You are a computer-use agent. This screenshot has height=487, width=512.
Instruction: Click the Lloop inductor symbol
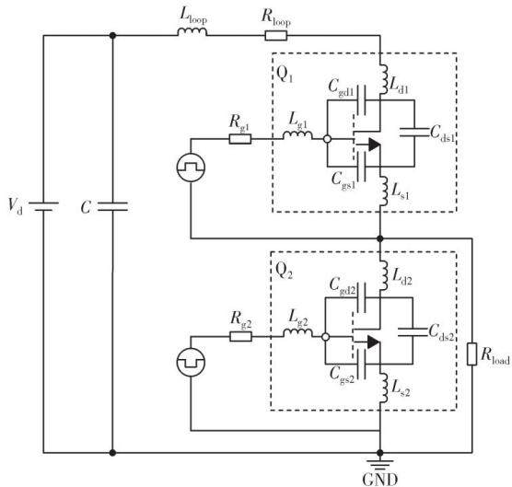click(192, 31)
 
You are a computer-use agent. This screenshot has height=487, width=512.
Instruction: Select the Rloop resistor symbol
click(276, 35)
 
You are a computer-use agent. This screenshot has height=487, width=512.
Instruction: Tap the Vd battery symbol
click(43, 206)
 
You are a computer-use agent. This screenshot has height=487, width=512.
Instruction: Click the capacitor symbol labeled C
click(112, 206)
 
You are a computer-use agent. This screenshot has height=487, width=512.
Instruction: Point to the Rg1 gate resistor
click(240, 139)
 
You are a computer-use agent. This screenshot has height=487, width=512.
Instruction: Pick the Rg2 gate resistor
click(240, 337)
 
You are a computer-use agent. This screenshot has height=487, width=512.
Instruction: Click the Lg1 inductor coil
click(297, 135)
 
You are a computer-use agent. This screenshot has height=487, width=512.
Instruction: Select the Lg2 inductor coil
click(297, 333)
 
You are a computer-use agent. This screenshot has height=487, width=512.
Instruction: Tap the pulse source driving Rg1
click(191, 168)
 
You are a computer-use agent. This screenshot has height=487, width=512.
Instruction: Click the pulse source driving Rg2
click(191, 362)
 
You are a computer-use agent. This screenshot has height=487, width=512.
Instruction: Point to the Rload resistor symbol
click(471, 354)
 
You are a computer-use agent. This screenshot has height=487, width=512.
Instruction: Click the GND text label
click(380, 480)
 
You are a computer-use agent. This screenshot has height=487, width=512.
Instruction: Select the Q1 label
click(285, 74)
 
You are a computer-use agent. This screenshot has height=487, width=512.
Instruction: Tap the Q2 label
click(284, 271)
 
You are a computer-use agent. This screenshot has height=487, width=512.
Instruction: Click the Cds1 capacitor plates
click(414, 133)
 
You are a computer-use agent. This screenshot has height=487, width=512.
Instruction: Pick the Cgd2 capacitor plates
click(362, 297)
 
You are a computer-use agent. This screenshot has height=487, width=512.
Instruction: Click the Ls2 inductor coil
click(384, 388)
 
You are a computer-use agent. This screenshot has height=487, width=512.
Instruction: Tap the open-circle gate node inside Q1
click(327, 139)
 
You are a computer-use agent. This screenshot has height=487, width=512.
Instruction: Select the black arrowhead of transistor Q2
click(374, 342)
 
